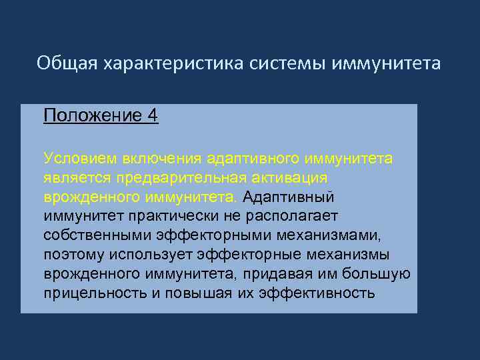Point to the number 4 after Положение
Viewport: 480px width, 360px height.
153,116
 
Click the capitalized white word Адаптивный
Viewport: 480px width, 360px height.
289,197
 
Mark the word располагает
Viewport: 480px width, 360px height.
293,217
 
